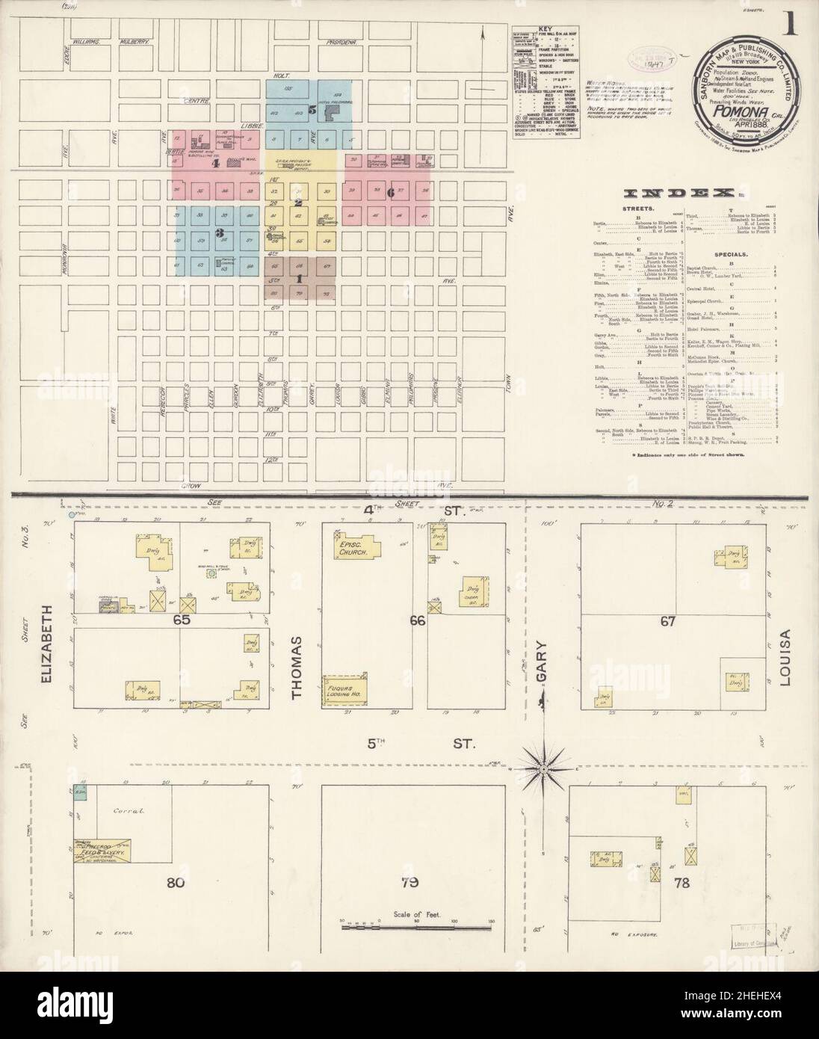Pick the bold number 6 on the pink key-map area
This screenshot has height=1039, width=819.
coord(390,191)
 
